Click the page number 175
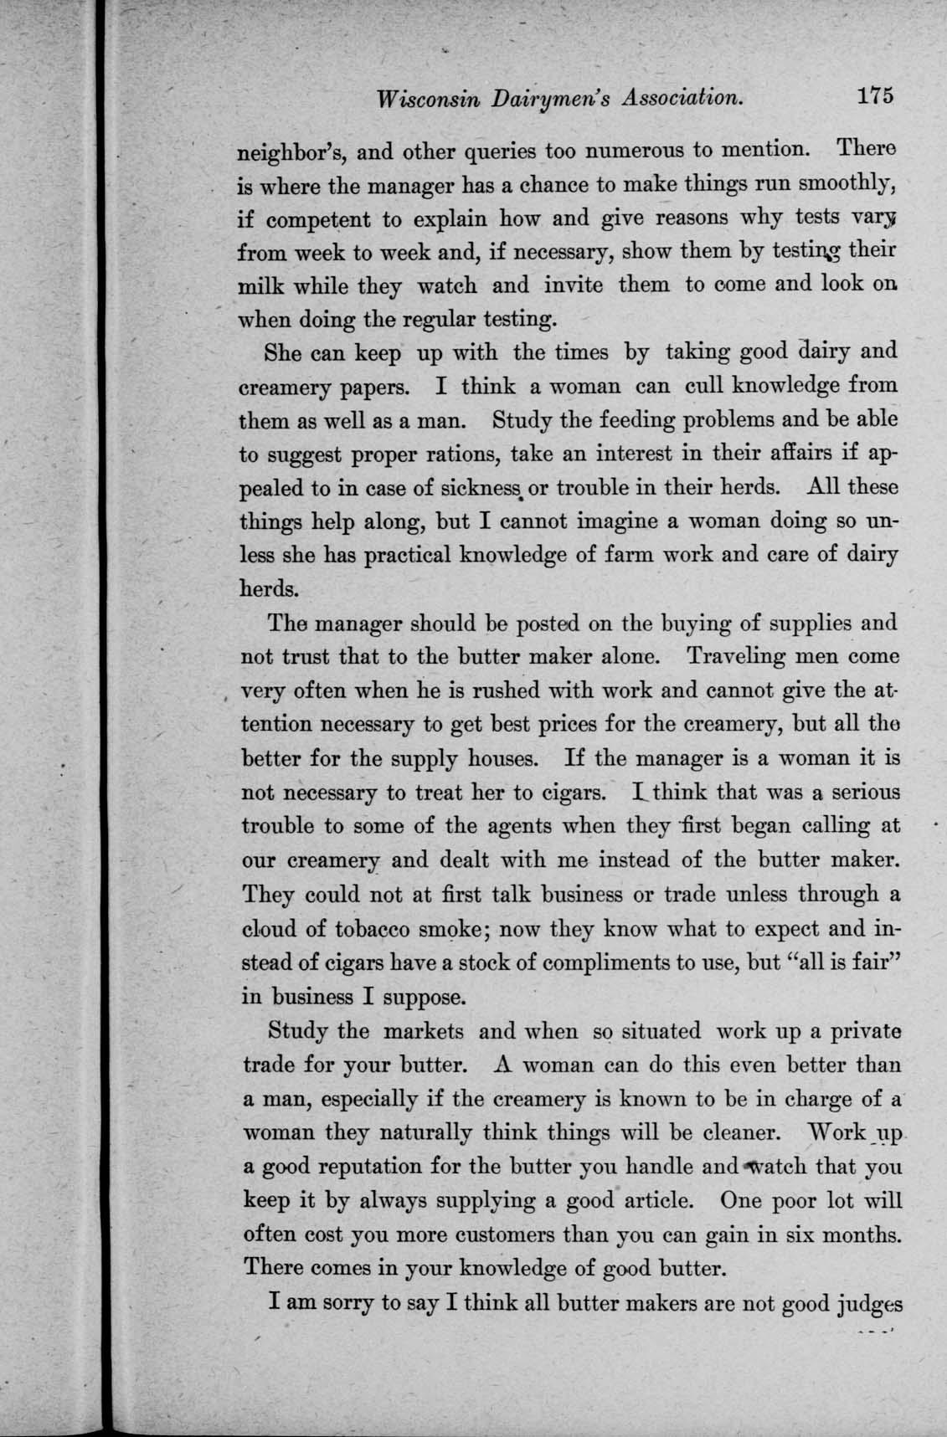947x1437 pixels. click(x=875, y=95)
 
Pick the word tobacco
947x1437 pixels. click(x=375, y=929)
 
